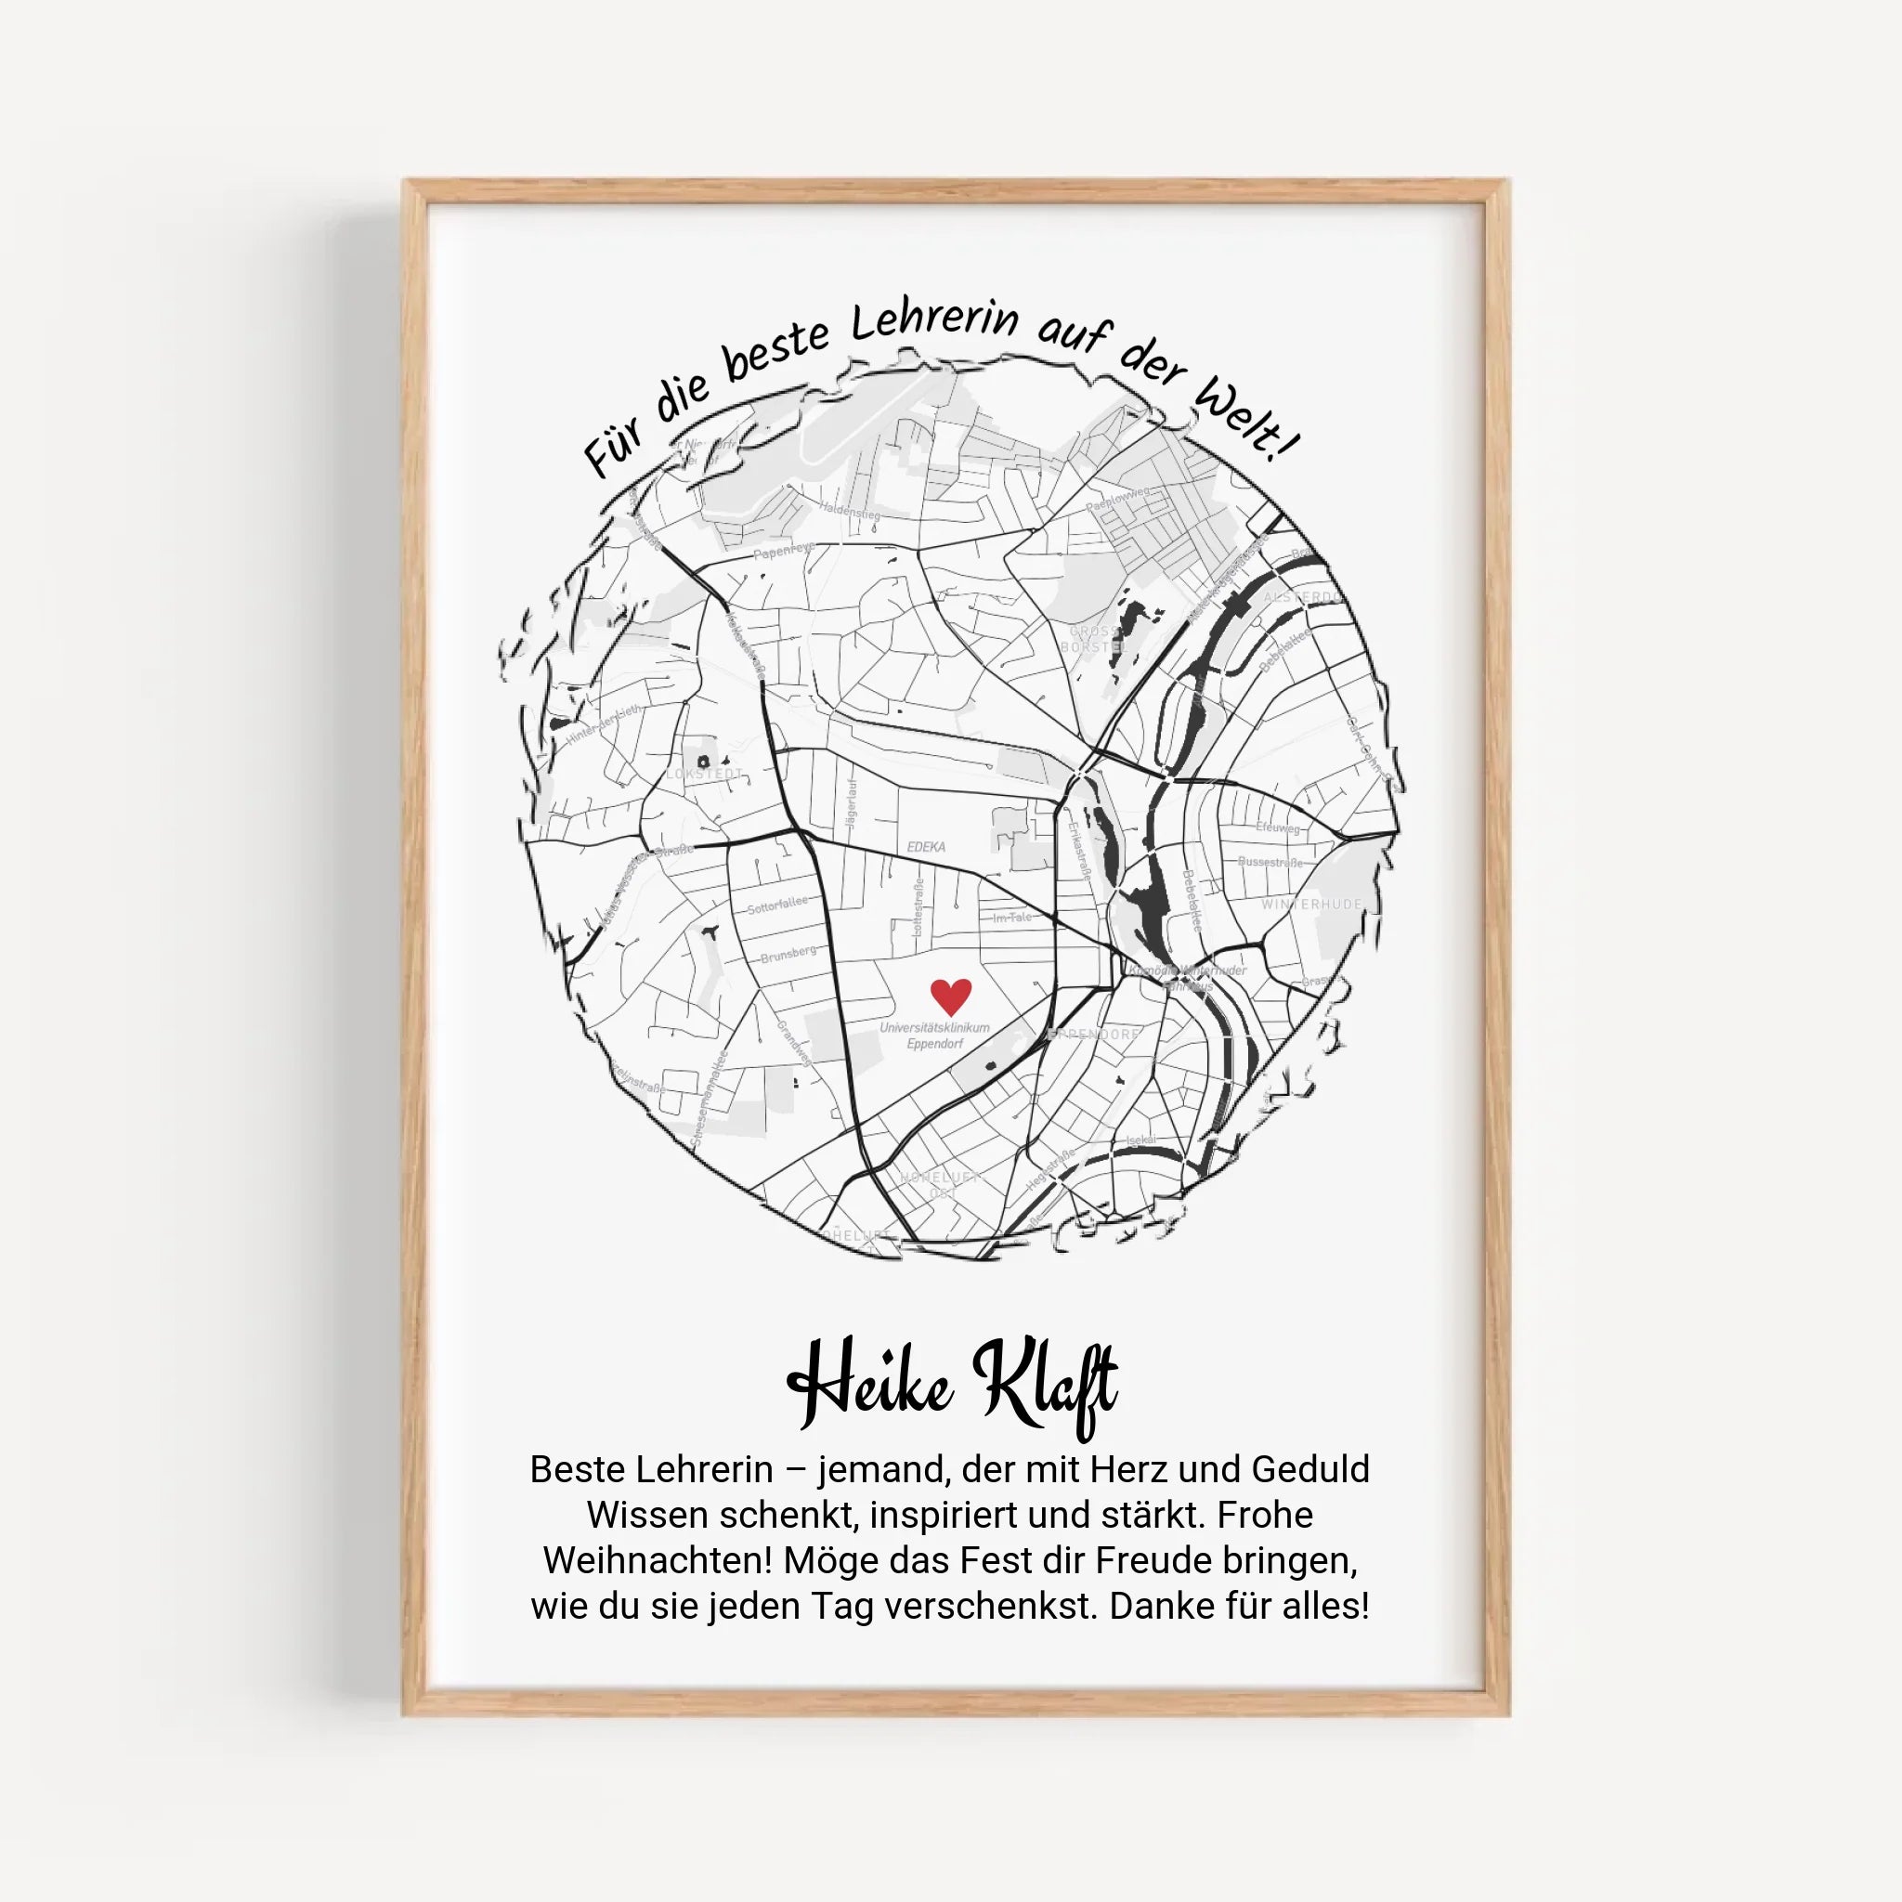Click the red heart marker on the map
tap(951, 996)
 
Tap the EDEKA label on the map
tap(925, 847)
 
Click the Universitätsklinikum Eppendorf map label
tap(934, 1035)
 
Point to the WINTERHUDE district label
tap(1311, 904)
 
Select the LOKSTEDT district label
tap(705, 774)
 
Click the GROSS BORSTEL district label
tap(1093, 639)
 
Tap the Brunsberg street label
tap(788, 953)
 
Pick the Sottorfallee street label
tap(776, 905)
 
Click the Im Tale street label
tap(1012, 918)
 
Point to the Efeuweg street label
tap(1277, 827)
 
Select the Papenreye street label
tap(784, 551)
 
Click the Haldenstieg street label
tap(851, 510)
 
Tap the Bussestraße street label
tap(1270, 862)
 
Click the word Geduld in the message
tap(1309, 1469)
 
